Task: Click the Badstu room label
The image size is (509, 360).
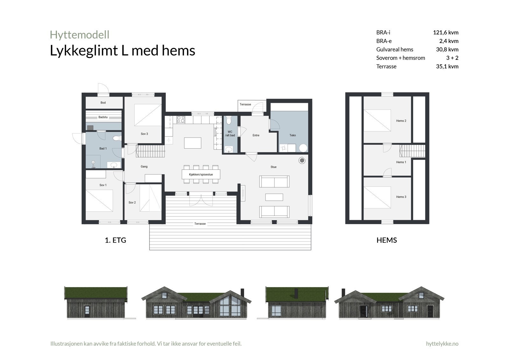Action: tap(103, 117)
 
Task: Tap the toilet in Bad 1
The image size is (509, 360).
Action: tap(117, 138)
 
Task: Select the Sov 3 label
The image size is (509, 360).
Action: tap(144, 134)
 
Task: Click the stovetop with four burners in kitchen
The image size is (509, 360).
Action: tap(181, 119)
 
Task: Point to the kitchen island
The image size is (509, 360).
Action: tap(193, 143)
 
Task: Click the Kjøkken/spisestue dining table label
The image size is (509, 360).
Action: tap(201, 174)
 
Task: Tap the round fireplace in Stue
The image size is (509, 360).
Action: tap(302, 161)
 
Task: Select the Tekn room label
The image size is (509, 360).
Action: tap(293, 135)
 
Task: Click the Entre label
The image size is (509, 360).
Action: tap(256, 135)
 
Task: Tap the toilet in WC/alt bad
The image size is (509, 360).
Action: tap(229, 121)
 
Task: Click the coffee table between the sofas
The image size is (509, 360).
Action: tap(274, 197)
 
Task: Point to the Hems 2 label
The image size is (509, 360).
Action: tap(401, 121)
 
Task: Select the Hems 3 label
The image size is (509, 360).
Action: tap(401, 197)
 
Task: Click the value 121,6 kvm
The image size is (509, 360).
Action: tap(445, 32)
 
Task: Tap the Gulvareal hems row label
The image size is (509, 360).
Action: tap(394, 49)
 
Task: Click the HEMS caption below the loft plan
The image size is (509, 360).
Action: tap(387, 240)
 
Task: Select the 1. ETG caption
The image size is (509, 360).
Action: tap(115, 240)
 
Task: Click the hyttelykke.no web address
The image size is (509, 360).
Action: tap(442, 343)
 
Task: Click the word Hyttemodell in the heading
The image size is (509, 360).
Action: tap(80, 34)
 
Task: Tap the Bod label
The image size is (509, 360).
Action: tap(103, 102)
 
